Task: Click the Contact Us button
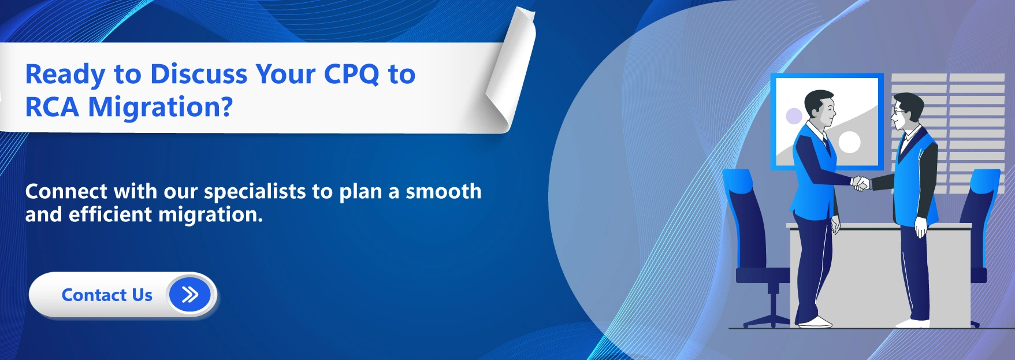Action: pos(107,295)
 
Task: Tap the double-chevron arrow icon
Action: pos(189,295)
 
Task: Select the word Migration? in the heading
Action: pos(161,107)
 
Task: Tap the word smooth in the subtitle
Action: pos(443,192)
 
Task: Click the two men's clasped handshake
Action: pos(861,183)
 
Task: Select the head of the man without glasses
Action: pos(820,108)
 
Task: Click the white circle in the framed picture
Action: pos(849,142)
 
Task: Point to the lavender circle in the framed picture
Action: pos(794,116)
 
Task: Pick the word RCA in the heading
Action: pos(51,107)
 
